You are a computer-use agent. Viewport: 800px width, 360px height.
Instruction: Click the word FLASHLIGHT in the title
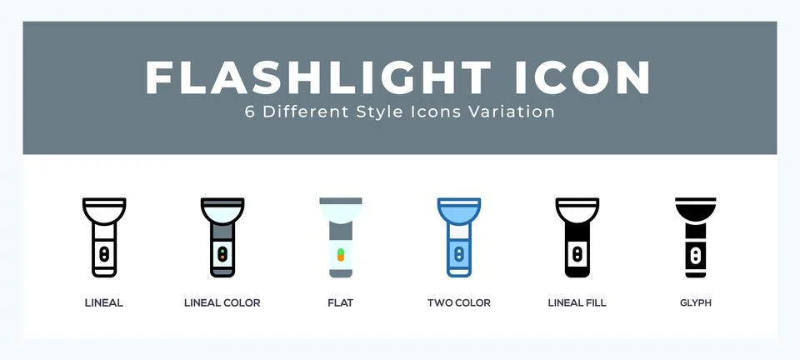point(317,77)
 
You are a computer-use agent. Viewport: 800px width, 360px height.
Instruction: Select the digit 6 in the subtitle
point(250,112)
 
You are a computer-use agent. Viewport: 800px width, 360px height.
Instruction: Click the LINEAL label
point(104,302)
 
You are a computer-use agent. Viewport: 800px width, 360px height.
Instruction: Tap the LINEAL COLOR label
point(222,302)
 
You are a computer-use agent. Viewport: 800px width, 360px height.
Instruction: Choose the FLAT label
point(341,302)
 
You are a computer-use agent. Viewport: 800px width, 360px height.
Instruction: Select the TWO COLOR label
point(459,302)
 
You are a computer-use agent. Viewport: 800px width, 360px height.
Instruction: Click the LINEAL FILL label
point(577,302)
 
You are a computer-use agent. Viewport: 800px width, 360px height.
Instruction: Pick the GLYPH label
point(696,302)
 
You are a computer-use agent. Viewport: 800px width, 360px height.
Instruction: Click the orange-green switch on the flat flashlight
point(341,252)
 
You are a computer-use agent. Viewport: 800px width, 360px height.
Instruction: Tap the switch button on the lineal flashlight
point(104,252)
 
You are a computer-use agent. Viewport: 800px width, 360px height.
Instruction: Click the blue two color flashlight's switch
point(459,252)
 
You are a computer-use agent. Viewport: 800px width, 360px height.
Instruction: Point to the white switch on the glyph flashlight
point(696,252)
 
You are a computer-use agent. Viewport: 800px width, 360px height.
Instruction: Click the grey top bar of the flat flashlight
point(341,201)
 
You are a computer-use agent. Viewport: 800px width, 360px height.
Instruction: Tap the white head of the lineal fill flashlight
point(577,212)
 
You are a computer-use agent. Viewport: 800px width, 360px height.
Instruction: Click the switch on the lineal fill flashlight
point(577,252)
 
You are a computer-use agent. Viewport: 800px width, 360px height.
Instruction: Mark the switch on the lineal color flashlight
point(222,252)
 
